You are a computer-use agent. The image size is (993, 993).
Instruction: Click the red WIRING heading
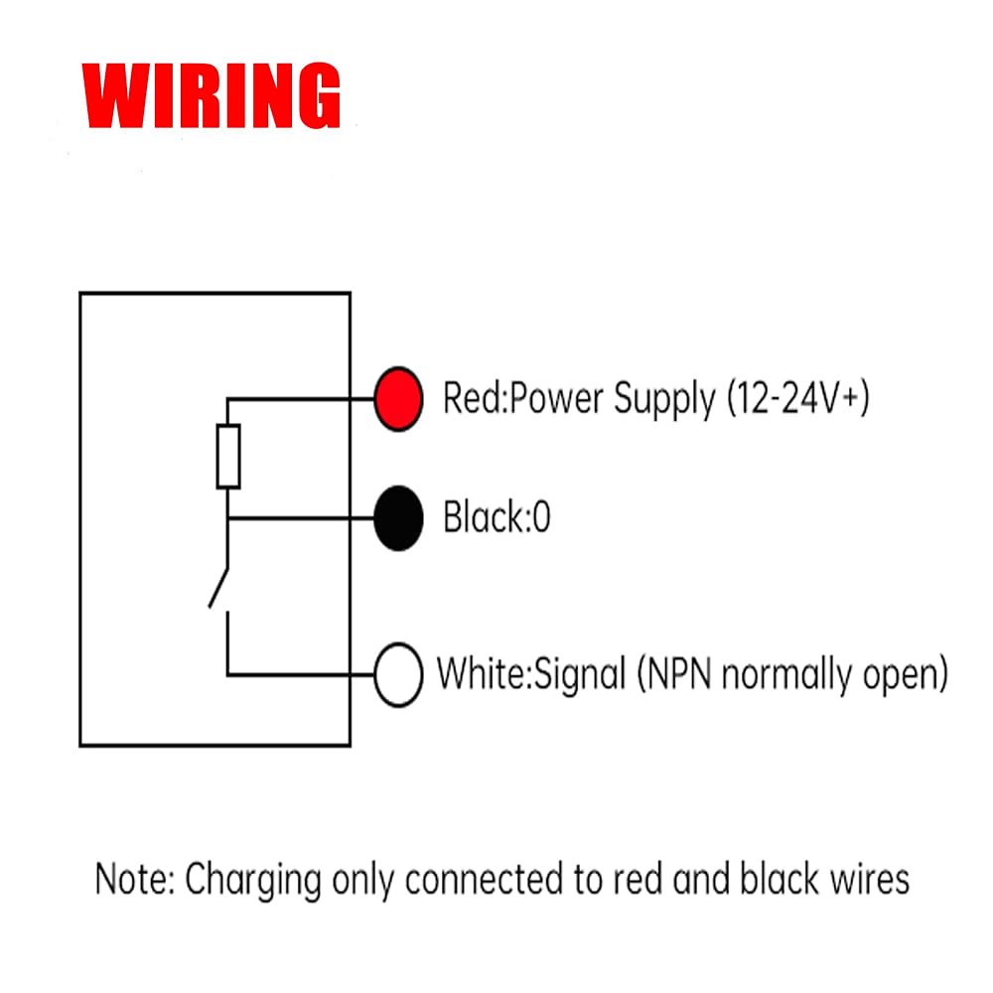212,95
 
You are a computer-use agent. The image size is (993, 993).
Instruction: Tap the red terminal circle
398,399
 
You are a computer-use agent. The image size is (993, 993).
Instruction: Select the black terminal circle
398,518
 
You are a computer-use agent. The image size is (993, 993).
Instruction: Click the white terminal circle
398,675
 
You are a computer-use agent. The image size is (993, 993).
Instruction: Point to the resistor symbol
228,457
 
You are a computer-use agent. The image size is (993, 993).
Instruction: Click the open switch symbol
219,589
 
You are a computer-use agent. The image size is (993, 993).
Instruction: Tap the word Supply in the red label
664,400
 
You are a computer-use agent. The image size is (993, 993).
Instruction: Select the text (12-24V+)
798,399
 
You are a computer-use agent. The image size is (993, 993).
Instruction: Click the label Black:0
496,517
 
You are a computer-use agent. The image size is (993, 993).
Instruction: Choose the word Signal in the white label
580,675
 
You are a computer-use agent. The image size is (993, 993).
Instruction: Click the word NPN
674,674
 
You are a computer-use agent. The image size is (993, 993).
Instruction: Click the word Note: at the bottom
135,879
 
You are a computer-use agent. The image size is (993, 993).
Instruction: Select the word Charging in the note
253,881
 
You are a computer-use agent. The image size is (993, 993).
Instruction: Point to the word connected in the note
485,879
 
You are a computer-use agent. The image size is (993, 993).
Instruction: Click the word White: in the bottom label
485,674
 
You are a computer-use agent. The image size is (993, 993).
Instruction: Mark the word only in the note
363,881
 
